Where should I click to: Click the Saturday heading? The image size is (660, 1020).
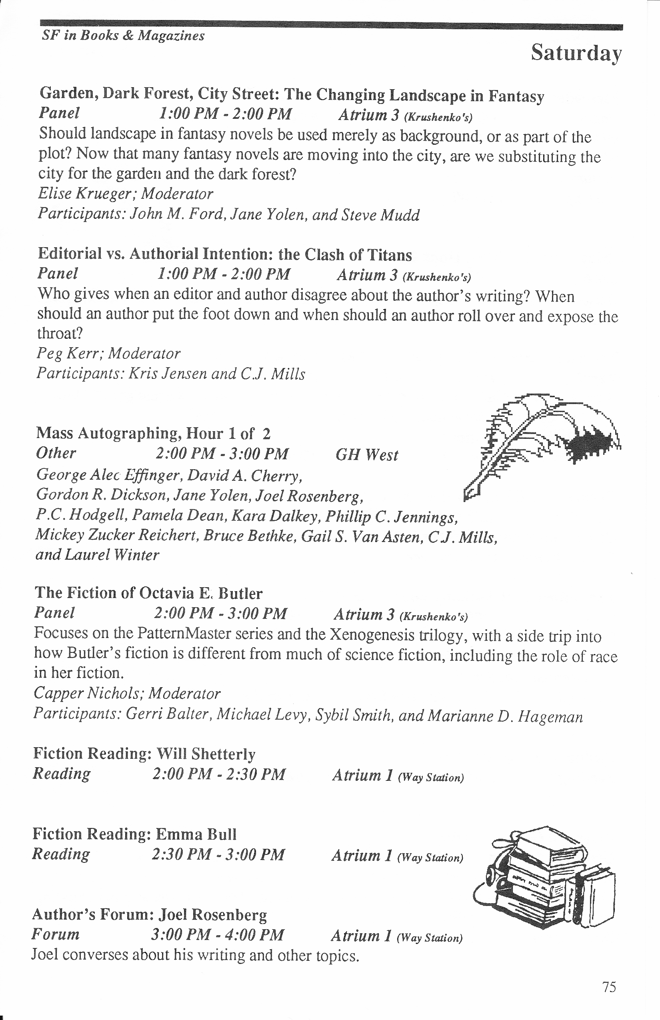coord(576,54)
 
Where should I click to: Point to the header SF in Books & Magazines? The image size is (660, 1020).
coord(124,36)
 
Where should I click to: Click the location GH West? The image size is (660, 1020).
coord(367,455)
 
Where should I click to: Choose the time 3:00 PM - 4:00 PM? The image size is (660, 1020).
coord(217,934)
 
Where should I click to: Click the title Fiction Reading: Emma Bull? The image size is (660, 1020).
coord(134,834)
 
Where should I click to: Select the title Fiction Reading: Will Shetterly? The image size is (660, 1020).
coord(144,754)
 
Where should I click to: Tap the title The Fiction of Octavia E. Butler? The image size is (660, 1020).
coord(148,593)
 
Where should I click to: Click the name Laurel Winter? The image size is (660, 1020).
coord(112,555)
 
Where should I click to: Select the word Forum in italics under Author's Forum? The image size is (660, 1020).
coord(56,934)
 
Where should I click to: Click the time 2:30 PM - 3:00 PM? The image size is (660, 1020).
coord(218,854)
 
